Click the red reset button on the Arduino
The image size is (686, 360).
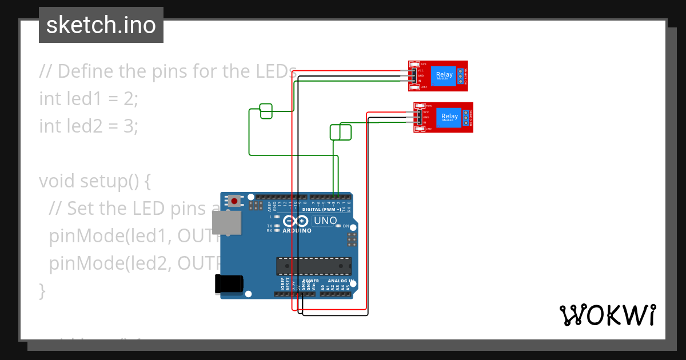(234, 201)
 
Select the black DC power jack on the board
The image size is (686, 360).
(228, 284)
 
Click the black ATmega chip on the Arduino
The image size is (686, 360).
(314, 266)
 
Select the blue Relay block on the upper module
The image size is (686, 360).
(444, 75)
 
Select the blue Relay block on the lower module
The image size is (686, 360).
(450, 117)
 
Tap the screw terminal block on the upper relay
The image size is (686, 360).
(461, 75)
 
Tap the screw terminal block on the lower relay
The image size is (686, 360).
(466, 117)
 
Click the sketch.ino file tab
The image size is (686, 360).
(101, 25)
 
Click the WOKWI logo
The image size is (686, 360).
(607, 315)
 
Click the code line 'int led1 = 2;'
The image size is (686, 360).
(89, 98)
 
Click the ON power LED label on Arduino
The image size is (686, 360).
(346, 226)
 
